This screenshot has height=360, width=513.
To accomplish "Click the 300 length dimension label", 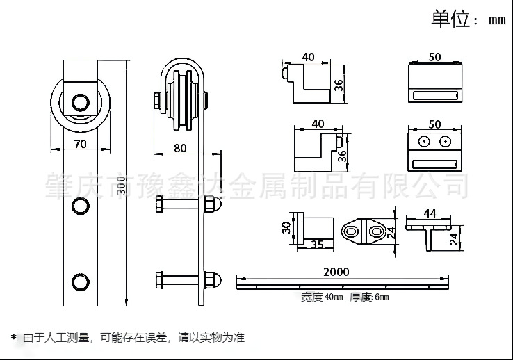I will click(122, 185).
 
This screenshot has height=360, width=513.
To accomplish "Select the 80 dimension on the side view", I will click(179, 147).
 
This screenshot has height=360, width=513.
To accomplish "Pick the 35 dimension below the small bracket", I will click(317, 244).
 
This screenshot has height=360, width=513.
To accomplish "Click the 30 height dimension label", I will click(286, 227).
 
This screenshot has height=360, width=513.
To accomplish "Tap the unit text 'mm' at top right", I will click(496, 20).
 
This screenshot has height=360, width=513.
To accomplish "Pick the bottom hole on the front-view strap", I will click(81, 282).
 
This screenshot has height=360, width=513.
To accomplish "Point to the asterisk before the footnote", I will click(13, 338).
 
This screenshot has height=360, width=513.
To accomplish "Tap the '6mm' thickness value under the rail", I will click(380, 297).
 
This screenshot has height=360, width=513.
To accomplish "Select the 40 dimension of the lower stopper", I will click(318, 124).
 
